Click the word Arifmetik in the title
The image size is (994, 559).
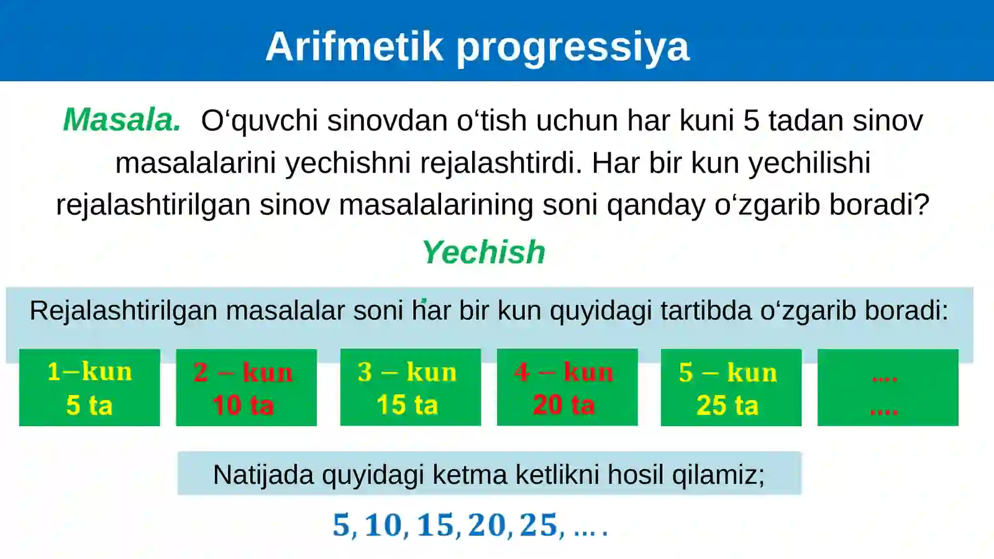pyautogui.click(x=354, y=47)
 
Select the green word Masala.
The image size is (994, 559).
pyautogui.click(x=122, y=120)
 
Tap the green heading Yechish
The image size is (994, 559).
pyautogui.click(x=483, y=252)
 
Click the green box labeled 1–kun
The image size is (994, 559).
pyautogui.click(x=89, y=388)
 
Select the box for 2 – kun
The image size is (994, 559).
pyautogui.click(x=246, y=388)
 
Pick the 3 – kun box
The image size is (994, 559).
pyautogui.click(x=410, y=388)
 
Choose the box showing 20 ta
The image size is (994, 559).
pyautogui.click(x=567, y=388)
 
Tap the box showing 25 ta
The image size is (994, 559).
pyautogui.click(x=731, y=388)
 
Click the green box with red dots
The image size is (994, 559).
pyautogui.click(x=887, y=388)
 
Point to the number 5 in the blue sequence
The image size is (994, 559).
pyautogui.click(x=341, y=525)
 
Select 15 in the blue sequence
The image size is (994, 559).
pyautogui.click(x=435, y=525)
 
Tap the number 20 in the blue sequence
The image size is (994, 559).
pyautogui.click(x=487, y=525)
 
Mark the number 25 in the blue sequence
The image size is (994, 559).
pyautogui.click(x=539, y=525)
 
